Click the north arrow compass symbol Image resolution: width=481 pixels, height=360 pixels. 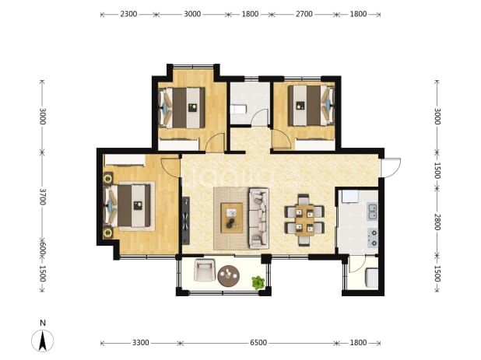click(43, 341)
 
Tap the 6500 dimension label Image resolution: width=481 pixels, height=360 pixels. click(258, 343)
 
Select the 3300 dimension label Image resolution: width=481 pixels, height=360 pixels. click(141, 343)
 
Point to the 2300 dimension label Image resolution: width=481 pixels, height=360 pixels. click(128, 14)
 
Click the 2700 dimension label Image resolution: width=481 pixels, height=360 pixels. click(304, 14)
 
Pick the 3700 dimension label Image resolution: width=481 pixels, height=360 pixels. click(43, 197)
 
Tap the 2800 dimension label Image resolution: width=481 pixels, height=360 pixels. click(437, 222)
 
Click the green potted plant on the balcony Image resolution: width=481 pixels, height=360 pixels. click(258, 282)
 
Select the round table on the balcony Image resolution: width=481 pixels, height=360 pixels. click(229, 276)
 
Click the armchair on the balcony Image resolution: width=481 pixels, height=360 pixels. click(204, 270)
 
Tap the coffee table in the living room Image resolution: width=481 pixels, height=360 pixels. click(232, 218)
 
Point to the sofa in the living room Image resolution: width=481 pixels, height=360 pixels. click(259, 218)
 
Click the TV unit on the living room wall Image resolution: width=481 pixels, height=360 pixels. click(186, 221)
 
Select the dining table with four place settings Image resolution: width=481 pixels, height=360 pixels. click(304, 220)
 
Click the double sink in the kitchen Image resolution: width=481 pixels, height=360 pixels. click(372, 211)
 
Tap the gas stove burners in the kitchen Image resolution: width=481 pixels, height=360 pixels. click(373, 238)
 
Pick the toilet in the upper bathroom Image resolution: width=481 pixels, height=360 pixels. click(239, 110)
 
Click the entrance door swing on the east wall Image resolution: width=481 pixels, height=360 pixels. click(391, 167)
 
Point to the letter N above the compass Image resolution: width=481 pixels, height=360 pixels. click(43, 323)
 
